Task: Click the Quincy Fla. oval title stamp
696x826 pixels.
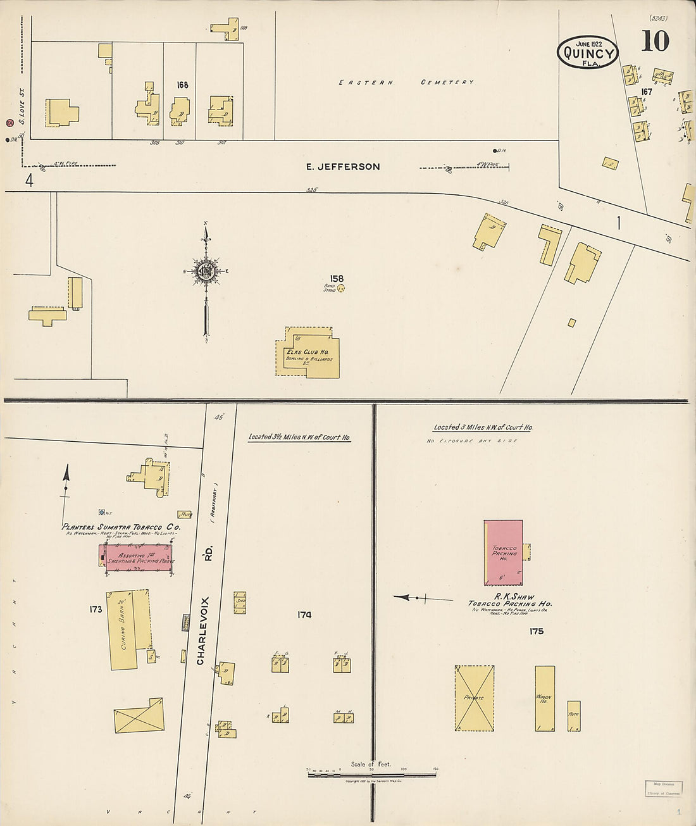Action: [x=588, y=52]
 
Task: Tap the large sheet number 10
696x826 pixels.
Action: [x=655, y=41]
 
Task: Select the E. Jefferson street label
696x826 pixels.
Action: [x=343, y=167]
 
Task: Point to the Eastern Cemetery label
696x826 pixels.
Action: [x=406, y=82]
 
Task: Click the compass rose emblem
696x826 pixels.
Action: [x=206, y=272]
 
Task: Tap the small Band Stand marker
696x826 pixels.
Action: [x=340, y=289]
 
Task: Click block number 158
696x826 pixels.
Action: [x=337, y=278]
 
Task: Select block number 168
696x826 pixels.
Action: [x=182, y=85]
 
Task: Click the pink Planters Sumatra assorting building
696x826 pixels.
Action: [x=137, y=558]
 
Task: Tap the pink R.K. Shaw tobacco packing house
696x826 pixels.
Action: [x=504, y=553]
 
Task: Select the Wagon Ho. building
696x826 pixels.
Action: [x=545, y=698]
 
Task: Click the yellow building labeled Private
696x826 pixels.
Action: [x=474, y=698]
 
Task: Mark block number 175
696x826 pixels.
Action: [x=537, y=631]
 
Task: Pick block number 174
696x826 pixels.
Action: [x=304, y=615]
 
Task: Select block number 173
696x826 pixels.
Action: [x=96, y=610]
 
